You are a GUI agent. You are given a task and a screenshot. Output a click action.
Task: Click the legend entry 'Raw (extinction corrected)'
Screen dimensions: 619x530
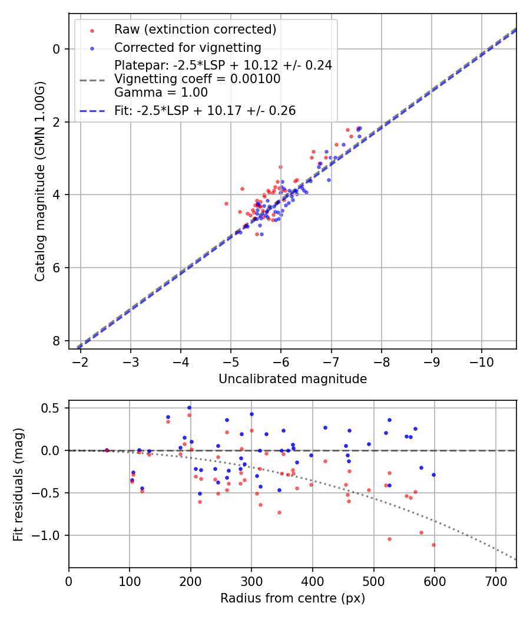click(x=195, y=29)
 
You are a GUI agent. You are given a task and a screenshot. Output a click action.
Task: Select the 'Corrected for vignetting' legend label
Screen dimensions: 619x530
click(x=187, y=47)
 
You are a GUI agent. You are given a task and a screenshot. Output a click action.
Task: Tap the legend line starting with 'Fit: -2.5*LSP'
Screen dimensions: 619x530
click(x=205, y=110)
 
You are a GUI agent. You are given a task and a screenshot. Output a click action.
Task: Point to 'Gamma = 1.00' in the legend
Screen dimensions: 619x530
click(x=161, y=92)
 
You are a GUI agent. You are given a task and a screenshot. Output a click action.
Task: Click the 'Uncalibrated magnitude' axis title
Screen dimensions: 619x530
click(x=293, y=379)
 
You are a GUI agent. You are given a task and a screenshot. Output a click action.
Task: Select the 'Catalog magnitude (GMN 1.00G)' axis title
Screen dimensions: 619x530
click(x=40, y=181)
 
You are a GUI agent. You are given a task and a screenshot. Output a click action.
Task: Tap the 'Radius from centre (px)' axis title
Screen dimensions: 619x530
click(x=293, y=598)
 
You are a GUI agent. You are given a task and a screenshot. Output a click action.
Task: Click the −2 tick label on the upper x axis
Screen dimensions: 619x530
click(x=81, y=361)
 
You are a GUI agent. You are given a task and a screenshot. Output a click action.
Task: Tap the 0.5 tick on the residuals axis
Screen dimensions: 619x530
click(x=56, y=408)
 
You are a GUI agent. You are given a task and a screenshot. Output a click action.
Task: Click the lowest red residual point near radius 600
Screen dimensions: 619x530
click(x=433, y=545)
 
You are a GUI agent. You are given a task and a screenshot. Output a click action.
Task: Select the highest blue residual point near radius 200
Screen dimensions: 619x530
click(x=189, y=407)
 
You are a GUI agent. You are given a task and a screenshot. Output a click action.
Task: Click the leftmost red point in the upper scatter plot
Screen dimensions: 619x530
click(x=226, y=203)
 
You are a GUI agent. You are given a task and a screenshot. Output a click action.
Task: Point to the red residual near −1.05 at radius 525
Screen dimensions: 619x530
click(x=389, y=539)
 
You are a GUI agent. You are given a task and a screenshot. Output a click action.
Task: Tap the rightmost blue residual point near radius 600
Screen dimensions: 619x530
click(x=433, y=475)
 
